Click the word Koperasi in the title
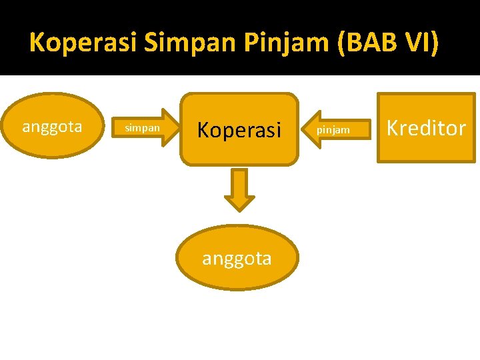coord(83,43)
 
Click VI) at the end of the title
coord(419,43)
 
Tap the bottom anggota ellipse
coord(237,258)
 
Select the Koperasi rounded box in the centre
coord(239,129)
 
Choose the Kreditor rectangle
coord(426,128)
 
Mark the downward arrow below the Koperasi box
coord(239,189)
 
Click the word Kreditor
coord(426,128)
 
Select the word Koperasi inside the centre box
coord(239,130)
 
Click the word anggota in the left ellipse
coord(52,127)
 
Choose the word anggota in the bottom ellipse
coord(237,259)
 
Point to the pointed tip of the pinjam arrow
coord(305,128)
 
